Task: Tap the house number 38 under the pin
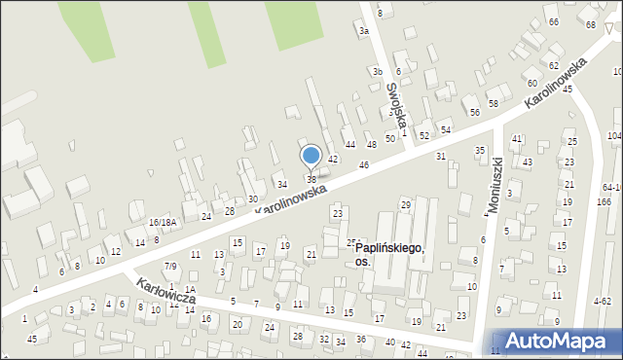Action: tap(311, 179)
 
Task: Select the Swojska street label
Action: tap(393, 100)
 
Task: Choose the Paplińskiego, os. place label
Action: tap(388, 255)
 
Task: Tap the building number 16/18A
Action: tap(163, 223)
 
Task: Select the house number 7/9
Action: tap(170, 266)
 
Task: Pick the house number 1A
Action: tap(191, 289)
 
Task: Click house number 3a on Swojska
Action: tap(364, 31)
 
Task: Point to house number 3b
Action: tap(377, 71)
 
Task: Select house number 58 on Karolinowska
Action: tap(493, 103)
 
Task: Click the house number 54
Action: tap(446, 129)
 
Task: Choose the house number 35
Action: tap(479, 150)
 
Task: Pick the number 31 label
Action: tap(441, 156)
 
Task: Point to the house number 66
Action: tap(553, 21)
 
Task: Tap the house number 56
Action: tap(475, 112)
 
